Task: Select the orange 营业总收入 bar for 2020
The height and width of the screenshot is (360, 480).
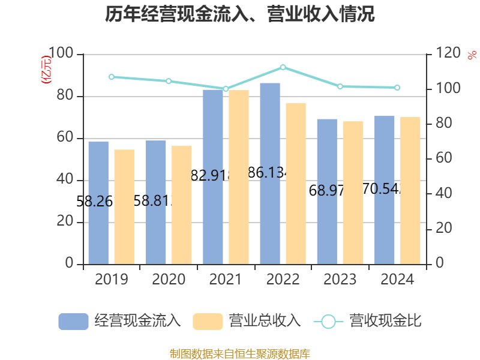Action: coord(182,205)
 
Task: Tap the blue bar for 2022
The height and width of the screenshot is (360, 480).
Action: coord(270,173)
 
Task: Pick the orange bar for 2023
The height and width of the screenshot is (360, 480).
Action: coord(353,193)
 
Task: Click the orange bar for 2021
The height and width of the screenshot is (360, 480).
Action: coord(239,177)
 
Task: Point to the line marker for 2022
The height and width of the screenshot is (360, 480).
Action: coord(283,67)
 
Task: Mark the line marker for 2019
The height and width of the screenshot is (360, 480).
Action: coord(112,77)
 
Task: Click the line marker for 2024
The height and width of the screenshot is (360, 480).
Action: coord(397,88)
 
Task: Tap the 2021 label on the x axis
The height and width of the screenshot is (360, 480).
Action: coord(226,280)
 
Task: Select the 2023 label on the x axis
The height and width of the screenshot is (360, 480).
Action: coord(340,280)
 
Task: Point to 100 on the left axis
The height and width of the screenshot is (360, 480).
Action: coord(61,55)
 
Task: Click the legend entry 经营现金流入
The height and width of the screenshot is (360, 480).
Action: coord(120,321)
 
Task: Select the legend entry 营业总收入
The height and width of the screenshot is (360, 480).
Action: coord(247,321)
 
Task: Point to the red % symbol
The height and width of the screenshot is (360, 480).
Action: coord(472,55)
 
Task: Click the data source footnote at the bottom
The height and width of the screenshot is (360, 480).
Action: coord(240,353)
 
